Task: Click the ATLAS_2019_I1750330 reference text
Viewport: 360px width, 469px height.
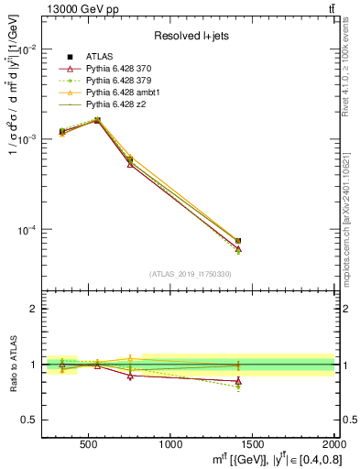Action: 188,274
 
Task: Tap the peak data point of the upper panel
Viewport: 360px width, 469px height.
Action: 98,120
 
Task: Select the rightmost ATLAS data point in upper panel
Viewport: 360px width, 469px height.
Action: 238,241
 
